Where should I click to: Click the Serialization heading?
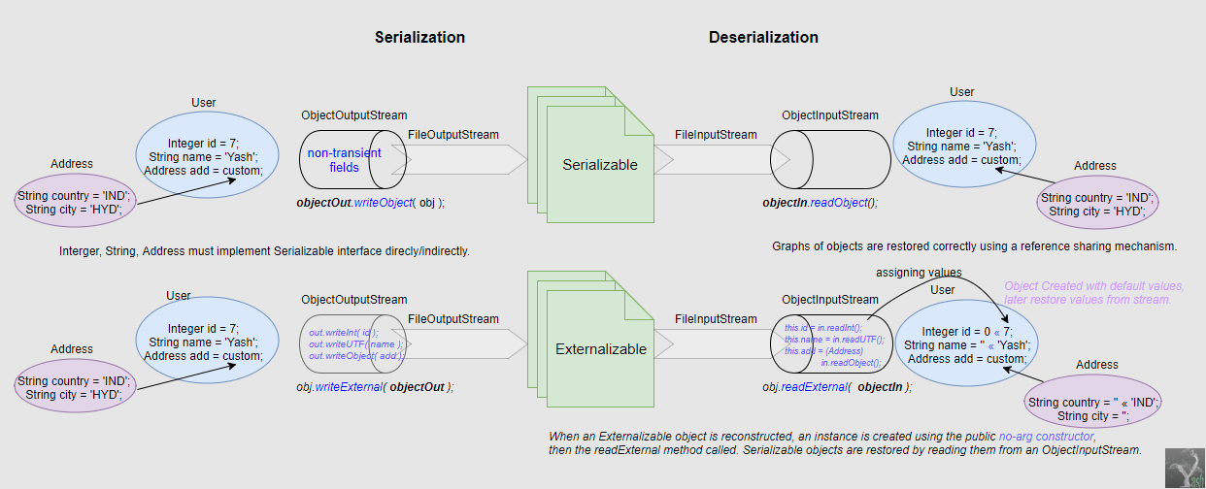[419, 38]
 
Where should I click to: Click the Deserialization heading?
[763, 38]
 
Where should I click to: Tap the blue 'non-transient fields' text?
[344, 160]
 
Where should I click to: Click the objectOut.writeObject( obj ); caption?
[370, 204]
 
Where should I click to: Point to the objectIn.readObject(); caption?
[820, 204]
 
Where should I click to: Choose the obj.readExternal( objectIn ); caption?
[837, 386]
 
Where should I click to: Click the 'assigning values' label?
[919, 273]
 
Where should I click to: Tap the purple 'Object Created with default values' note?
[1093, 293]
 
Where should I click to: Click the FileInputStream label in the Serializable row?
[716, 135]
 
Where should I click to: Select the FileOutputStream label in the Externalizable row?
[453, 318]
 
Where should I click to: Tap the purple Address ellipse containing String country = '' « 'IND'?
[1093, 408]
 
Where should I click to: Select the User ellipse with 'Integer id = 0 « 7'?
[966, 344]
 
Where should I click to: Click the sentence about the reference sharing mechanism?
[974, 246]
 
